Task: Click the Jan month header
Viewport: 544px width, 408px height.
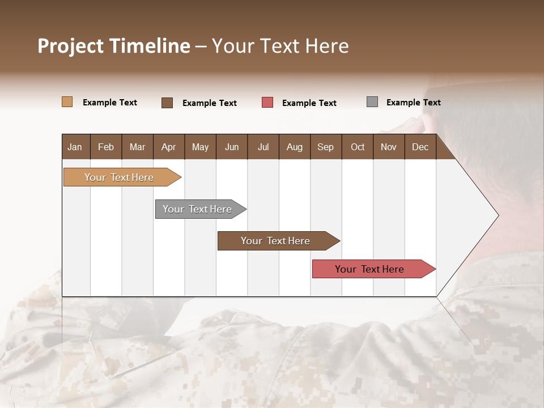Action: pyautogui.click(x=75, y=147)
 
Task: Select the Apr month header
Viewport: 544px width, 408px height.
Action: pyautogui.click(x=168, y=147)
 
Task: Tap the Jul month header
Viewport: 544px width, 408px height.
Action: pyautogui.click(x=263, y=147)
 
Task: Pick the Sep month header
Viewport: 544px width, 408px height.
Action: pyautogui.click(x=325, y=147)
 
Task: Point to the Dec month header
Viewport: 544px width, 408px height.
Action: pyautogui.click(x=420, y=147)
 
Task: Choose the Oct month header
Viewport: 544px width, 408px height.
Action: pyautogui.click(x=358, y=147)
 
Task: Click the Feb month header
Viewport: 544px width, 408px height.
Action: pyautogui.click(x=106, y=147)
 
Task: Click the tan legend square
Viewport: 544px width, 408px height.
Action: pyautogui.click(x=67, y=102)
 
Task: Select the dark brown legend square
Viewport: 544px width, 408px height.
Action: pyautogui.click(x=167, y=103)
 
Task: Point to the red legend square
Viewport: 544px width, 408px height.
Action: pyautogui.click(x=267, y=103)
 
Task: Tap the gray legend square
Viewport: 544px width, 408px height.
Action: pyautogui.click(x=372, y=102)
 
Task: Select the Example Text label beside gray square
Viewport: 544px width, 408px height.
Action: pyautogui.click(x=413, y=103)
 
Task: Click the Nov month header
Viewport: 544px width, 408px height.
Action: pyautogui.click(x=389, y=147)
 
